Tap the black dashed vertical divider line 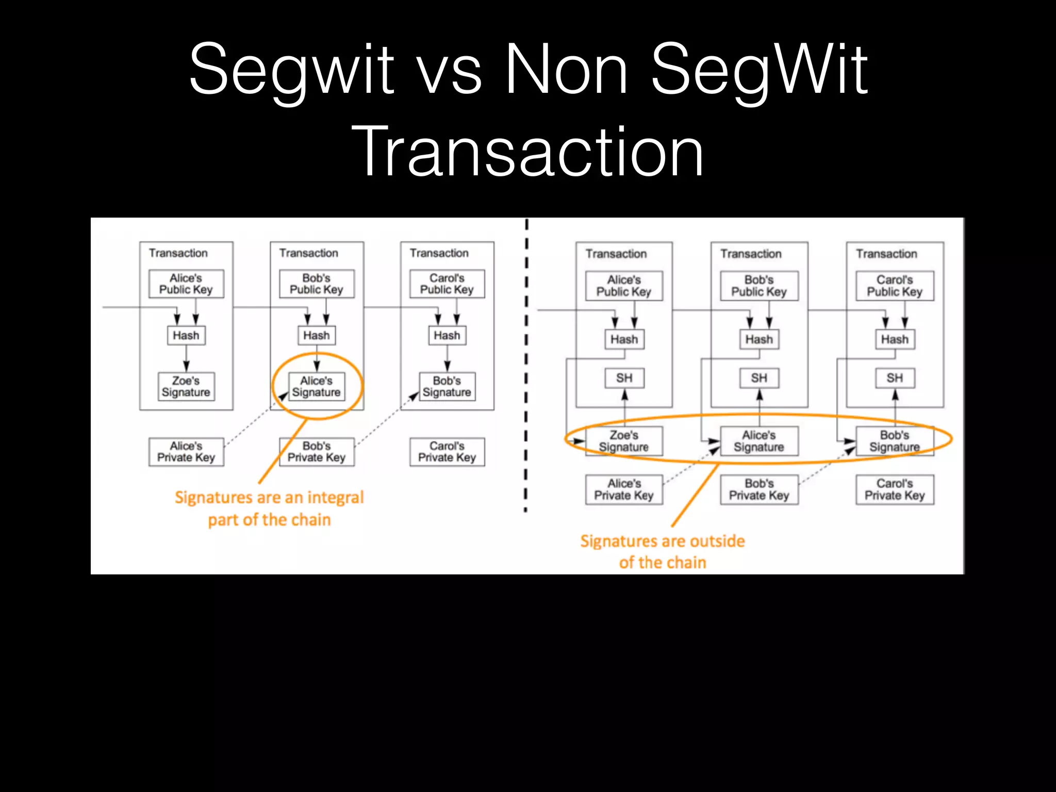(526, 361)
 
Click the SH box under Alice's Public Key (624, 378)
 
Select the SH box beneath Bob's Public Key (759, 378)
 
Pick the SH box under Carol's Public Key (895, 378)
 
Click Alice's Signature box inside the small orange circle (316, 387)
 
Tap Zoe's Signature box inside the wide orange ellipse (624, 441)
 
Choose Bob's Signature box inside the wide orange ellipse (895, 441)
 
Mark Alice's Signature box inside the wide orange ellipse (759, 441)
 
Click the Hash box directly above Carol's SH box (895, 339)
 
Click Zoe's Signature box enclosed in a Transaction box (186, 387)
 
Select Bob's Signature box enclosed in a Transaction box (447, 387)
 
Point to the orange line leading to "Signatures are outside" (695, 495)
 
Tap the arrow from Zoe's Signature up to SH (624, 407)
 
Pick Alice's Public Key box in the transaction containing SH (624, 286)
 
